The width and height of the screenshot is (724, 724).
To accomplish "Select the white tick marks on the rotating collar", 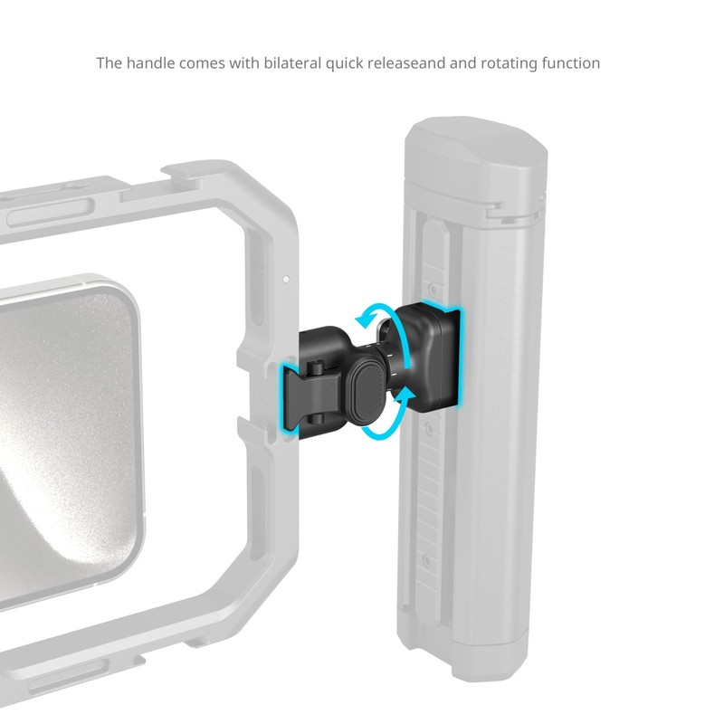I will [395, 372].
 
